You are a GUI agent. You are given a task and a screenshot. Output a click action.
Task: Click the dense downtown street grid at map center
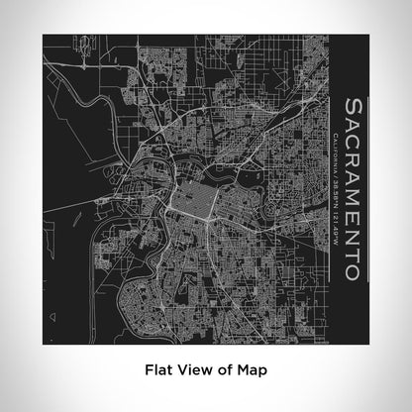pos(186,182)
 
